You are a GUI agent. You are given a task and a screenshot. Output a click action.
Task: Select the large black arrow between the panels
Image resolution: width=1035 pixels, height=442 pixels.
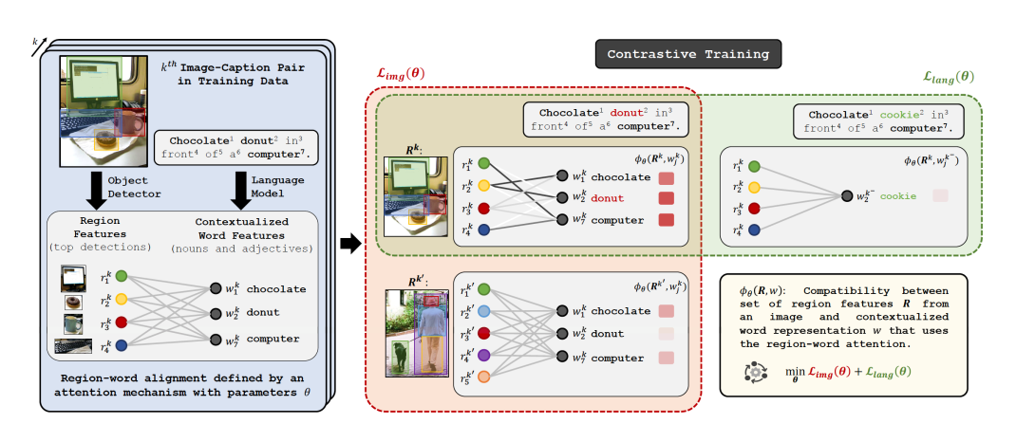tap(350, 242)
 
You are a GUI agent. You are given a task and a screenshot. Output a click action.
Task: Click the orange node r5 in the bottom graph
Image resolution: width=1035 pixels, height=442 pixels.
tap(484, 378)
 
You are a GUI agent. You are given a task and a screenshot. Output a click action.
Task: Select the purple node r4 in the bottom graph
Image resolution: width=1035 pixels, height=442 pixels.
tap(484, 357)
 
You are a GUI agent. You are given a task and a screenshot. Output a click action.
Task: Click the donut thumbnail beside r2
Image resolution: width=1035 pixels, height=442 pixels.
tap(71, 303)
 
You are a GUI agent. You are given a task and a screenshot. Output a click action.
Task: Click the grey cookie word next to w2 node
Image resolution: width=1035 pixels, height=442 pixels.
tap(897, 196)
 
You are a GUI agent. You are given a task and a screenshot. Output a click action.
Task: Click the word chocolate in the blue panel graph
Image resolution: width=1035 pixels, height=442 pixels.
tap(275, 289)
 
